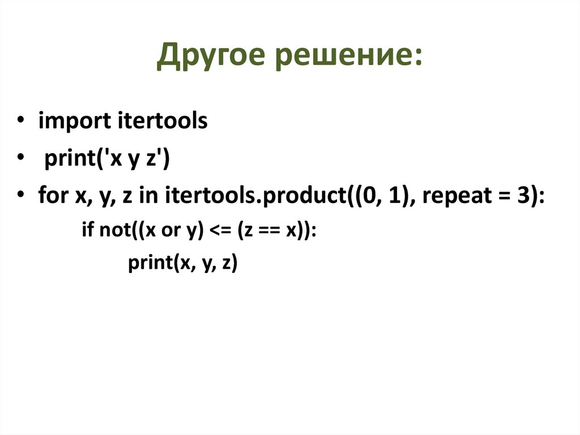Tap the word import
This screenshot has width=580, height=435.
(75, 122)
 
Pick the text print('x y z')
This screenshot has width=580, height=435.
(107, 160)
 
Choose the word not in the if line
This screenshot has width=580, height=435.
(113, 232)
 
